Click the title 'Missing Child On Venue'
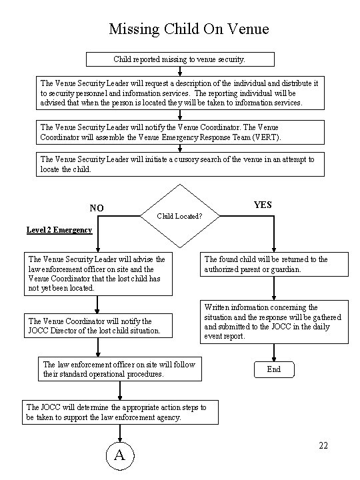(189, 29)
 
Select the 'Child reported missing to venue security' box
(180, 59)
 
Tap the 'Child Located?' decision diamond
(180, 216)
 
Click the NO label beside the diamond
(97, 208)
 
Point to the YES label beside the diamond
(263, 205)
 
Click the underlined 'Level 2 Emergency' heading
(59, 230)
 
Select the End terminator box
(274, 369)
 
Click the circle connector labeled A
(120, 455)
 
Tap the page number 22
(323, 446)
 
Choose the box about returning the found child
(274, 264)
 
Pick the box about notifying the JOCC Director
(98, 326)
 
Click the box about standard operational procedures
(120, 369)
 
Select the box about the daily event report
(274, 322)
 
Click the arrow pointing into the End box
(274, 353)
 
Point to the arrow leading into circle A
(120, 433)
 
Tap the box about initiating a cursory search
(180, 165)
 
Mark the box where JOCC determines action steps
(120, 412)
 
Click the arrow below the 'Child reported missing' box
(180, 71)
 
